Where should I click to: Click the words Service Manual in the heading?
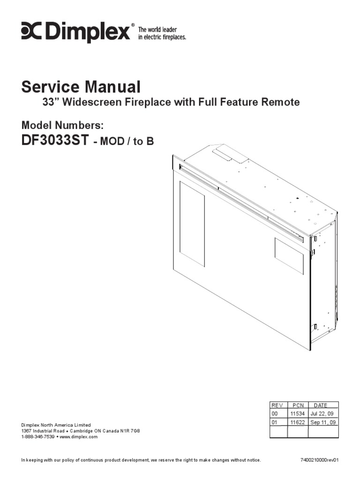click(81, 87)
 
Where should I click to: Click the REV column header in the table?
click(277, 405)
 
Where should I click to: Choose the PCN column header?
click(298, 405)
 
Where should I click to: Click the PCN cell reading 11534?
click(297, 414)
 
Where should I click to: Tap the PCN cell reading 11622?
click(297, 422)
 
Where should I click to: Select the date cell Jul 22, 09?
click(322, 414)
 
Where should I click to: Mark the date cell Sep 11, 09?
click(323, 422)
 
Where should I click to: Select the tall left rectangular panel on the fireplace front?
click(192, 223)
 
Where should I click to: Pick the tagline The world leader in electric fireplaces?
click(161, 33)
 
